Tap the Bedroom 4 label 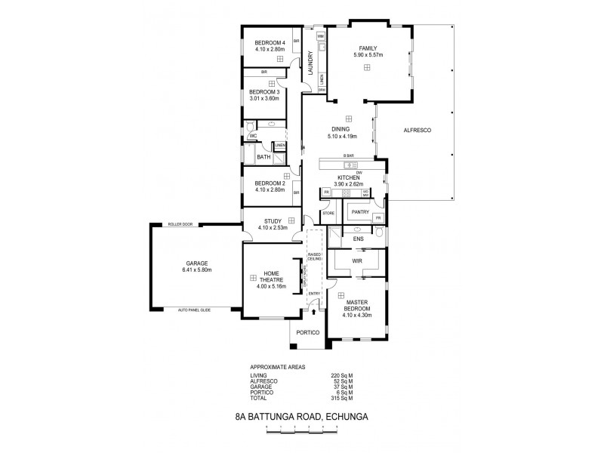pyautogui.click(x=269, y=42)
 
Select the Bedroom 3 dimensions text pyautogui.click(x=264, y=98)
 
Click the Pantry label pyautogui.click(x=360, y=212)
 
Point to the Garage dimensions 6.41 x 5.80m pyautogui.click(x=196, y=270)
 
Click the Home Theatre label pyautogui.click(x=270, y=277)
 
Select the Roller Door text pyautogui.click(x=180, y=223)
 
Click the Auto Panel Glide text pyautogui.click(x=194, y=310)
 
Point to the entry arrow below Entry pyautogui.click(x=315, y=310)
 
